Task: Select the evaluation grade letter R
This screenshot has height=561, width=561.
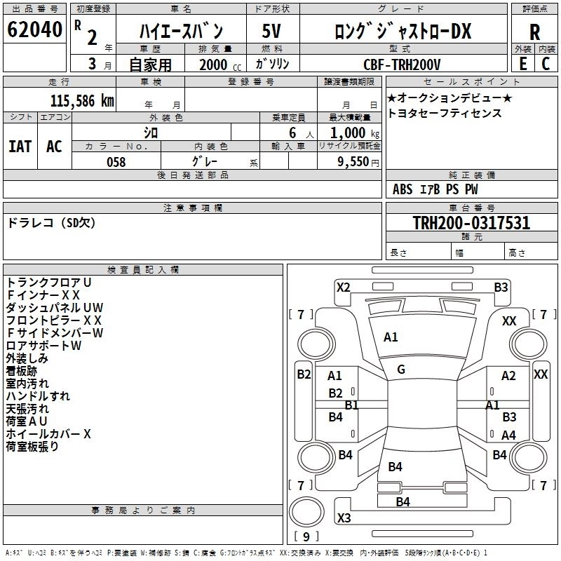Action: pos(534,32)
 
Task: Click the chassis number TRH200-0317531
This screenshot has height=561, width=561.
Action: pos(471,223)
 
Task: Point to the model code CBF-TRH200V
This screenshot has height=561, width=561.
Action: pos(402,65)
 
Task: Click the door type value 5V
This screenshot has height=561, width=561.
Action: pos(271,31)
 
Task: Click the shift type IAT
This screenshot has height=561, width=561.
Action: pos(20,146)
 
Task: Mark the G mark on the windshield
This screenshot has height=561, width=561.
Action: pos(401,370)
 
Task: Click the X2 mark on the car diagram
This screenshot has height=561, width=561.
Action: pos(344,287)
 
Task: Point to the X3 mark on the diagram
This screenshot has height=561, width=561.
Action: pos(344,518)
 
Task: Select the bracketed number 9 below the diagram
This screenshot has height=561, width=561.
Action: pos(306,537)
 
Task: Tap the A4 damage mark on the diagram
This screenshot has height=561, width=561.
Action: pos(509,435)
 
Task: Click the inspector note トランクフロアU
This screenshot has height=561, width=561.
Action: pos(49,282)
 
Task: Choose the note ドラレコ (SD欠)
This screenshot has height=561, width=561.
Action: pos(51,223)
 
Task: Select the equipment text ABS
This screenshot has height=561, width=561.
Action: pos(403,189)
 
